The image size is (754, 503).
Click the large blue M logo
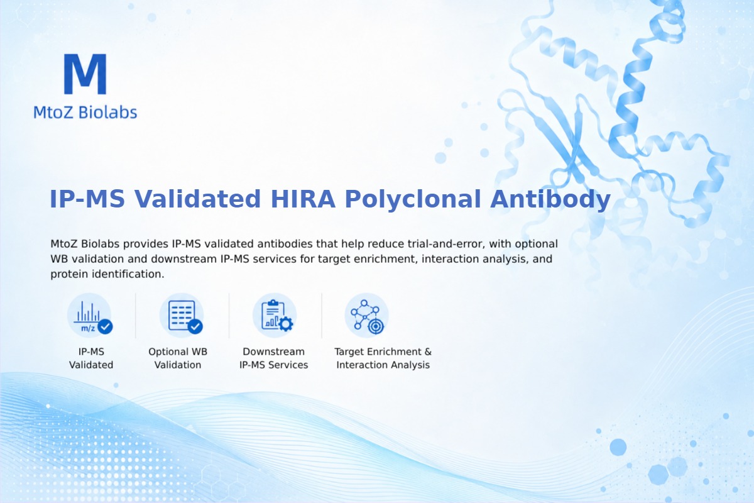pyautogui.click(x=85, y=74)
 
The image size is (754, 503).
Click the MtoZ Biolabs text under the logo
pyautogui.click(x=85, y=112)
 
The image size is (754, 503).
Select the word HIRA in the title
pyautogui.click(x=303, y=199)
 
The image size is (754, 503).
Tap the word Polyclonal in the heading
pyautogui.click(x=413, y=199)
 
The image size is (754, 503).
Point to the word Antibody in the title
pyautogui.click(x=550, y=199)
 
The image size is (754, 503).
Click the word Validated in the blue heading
pyautogui.click(x=197, y=199)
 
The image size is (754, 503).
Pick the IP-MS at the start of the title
pyautogui.click(x=87, y=199)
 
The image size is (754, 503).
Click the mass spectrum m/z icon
pyautogui.click(x=89, y=316)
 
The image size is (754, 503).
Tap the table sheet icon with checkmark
pyautogui.click(x=182, y=316)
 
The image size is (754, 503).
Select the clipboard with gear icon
pyautogui.click(x=275, y=316)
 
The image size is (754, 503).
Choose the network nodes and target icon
pyautogui.click(x=367, y=316)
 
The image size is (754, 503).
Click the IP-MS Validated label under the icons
pyautogui.click(x=91, y=358)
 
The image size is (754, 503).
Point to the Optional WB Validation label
pyautogui.click(x=178, y=358)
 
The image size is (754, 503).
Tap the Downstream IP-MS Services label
pyautogui.click(x=274, y=358)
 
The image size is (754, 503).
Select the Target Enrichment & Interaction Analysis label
pyautogui.click(x=383, y=358)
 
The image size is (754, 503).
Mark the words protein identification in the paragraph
pyautogui.click(x=106, y=274)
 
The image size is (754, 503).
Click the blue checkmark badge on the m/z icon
pyautogui.click(x=105, y=326)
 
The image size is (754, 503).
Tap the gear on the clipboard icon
pyautogui.click(x=286, y=324)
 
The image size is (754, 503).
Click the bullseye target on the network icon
pyautogui.click(x=376, y=326)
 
